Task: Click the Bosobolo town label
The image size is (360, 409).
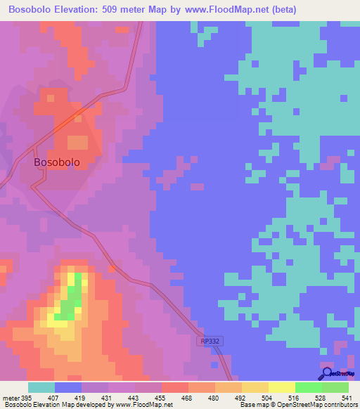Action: point(57,162)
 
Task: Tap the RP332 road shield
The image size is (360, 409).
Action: point(209,340)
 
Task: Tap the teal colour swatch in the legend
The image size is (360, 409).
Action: point(41,387)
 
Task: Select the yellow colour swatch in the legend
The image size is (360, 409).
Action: point(281,387)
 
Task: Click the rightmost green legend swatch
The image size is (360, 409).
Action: point(335,387)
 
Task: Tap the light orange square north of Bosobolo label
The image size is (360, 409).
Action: point(77,143)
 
